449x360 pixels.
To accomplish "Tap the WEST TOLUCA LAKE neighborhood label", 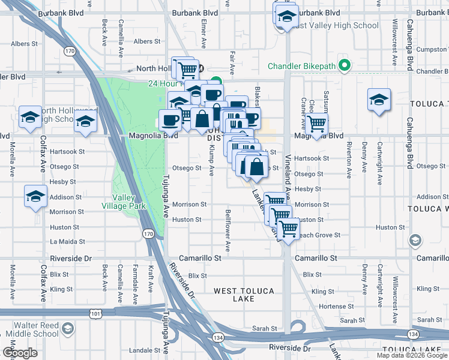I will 244,295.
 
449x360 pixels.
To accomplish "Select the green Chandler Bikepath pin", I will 345,65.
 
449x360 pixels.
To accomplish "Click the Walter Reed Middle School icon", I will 68,329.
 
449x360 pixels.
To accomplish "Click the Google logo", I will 20,353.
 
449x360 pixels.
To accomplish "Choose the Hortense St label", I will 332,306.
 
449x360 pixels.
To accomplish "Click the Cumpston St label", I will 431,49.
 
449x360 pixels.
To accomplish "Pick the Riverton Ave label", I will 349,160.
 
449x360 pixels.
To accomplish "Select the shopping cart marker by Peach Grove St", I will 289,229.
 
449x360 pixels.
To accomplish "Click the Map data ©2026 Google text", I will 412,355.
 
